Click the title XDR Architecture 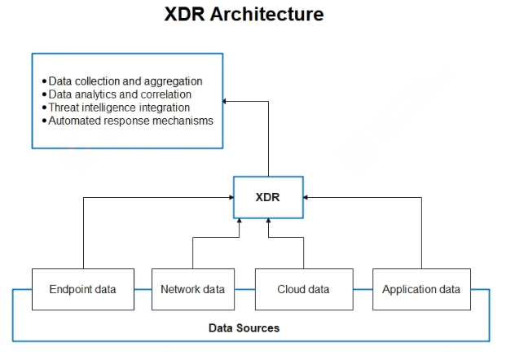244,15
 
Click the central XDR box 268,197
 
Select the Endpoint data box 82,289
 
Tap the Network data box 192,289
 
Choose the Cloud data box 303,289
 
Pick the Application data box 420,289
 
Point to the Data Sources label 244,327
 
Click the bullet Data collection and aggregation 125,81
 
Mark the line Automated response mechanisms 130,121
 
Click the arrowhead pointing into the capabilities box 227,100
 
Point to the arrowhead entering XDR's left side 230,197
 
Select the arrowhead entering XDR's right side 307,197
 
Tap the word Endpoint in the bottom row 69,289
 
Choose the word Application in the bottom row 408,289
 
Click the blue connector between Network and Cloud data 244,289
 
